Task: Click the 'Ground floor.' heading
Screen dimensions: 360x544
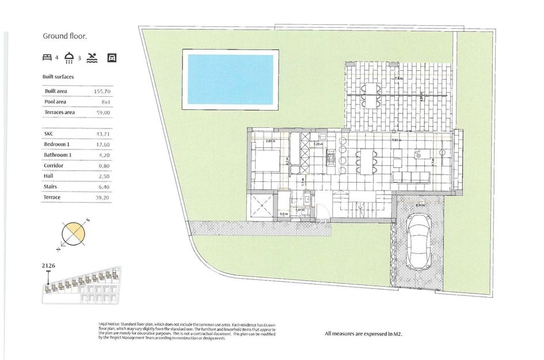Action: click(x=65, y=36)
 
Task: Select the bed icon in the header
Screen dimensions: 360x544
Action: click(x=48, y=58)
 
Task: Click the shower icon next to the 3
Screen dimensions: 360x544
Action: click(x=70, y=58)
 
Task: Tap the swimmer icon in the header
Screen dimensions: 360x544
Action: click(x=93, y=58)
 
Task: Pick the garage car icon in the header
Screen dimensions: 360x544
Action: click(x=112, y=58)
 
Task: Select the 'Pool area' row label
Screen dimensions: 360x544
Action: click(x=56, y=102)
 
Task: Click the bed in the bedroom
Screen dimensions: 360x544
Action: click(x=267, y=159)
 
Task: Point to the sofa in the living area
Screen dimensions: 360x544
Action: click(x=412, y=175)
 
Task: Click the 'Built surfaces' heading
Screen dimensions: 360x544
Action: click(x=58, y=76)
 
